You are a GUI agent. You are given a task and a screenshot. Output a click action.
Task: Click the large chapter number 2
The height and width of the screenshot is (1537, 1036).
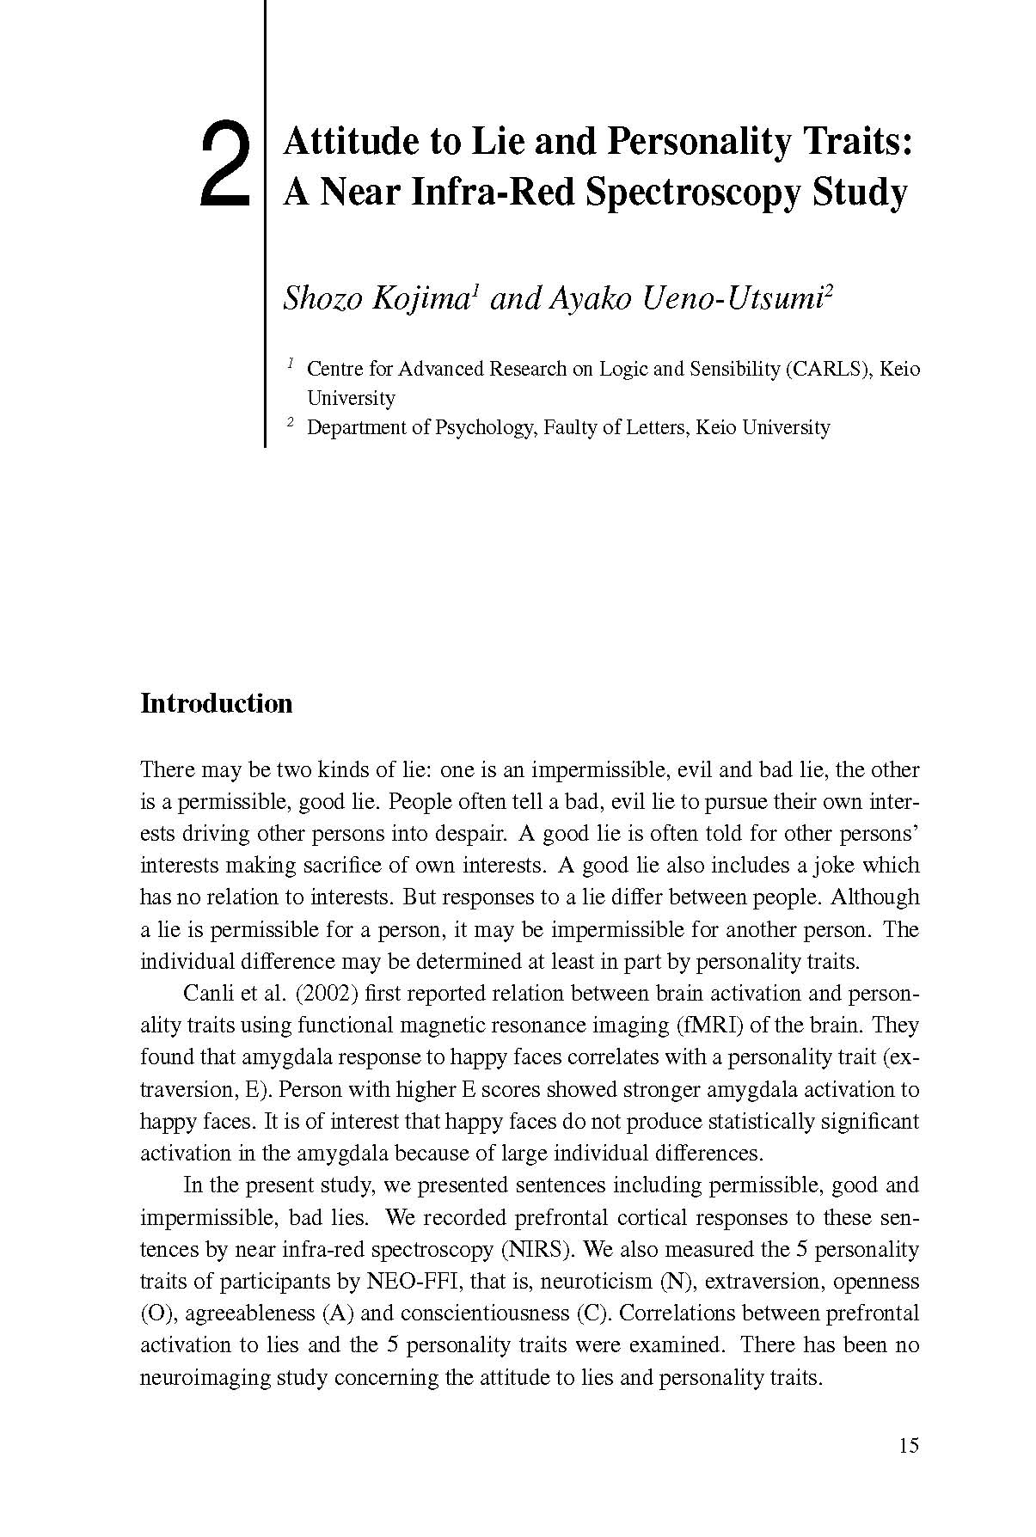point(224,166)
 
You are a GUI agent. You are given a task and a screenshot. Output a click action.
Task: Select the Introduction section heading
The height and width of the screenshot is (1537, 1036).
point(216,704)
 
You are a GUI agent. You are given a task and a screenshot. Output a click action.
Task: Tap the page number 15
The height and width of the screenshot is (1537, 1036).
point(908,1445)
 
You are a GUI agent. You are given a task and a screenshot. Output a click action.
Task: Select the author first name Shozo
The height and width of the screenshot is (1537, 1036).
point(323,298)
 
